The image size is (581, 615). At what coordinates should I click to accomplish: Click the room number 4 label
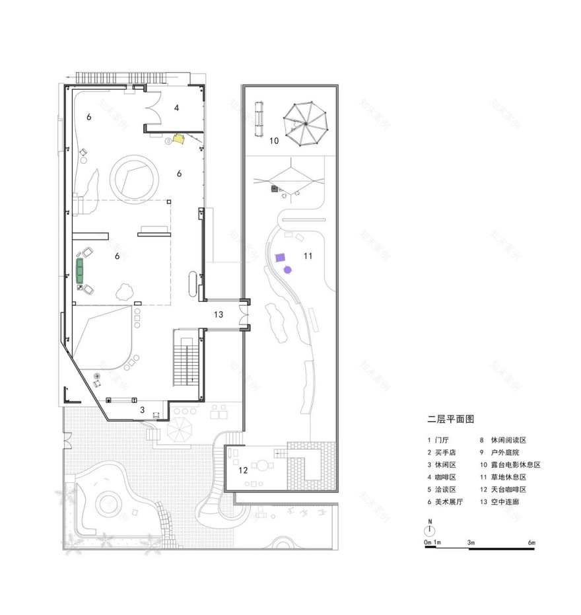tap(177, 107)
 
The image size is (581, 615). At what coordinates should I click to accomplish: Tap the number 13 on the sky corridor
tap(219, 315)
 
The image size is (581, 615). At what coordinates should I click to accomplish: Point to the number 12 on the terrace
tap(242, 470)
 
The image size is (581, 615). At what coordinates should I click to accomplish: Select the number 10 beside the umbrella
tap(274, 140)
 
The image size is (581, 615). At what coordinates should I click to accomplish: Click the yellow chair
tap(178, 139)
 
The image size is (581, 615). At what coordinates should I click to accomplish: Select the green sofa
tap(81, 271)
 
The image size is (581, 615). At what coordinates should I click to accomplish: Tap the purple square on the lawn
tap(281, 258)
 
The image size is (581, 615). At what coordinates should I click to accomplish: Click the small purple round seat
tap(288, 269)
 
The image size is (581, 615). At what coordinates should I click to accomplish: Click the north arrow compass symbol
tap(430, 530)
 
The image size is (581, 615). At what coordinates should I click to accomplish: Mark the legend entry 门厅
tap(440, 440)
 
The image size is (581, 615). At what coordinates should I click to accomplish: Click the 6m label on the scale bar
tap(531, 542)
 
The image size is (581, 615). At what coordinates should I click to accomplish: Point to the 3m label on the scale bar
tap(471, 542)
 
